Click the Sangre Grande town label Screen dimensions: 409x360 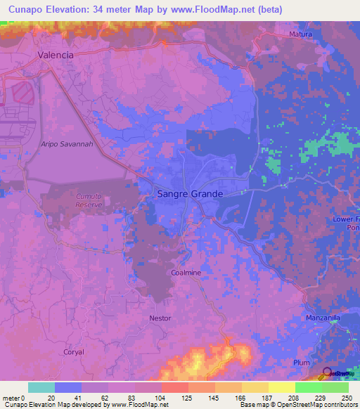[189, 194]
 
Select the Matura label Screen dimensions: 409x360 [300, 34]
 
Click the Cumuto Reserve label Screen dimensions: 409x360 [85, 200]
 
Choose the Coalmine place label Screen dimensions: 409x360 [186, 272]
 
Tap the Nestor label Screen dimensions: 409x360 [160, 318]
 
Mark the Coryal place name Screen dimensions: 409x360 [74, 352]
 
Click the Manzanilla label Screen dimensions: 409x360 [323, 318]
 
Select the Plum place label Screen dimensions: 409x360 [301, 363]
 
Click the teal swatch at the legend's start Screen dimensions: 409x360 [41, 387]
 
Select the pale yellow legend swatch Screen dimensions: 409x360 [282, 387]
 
